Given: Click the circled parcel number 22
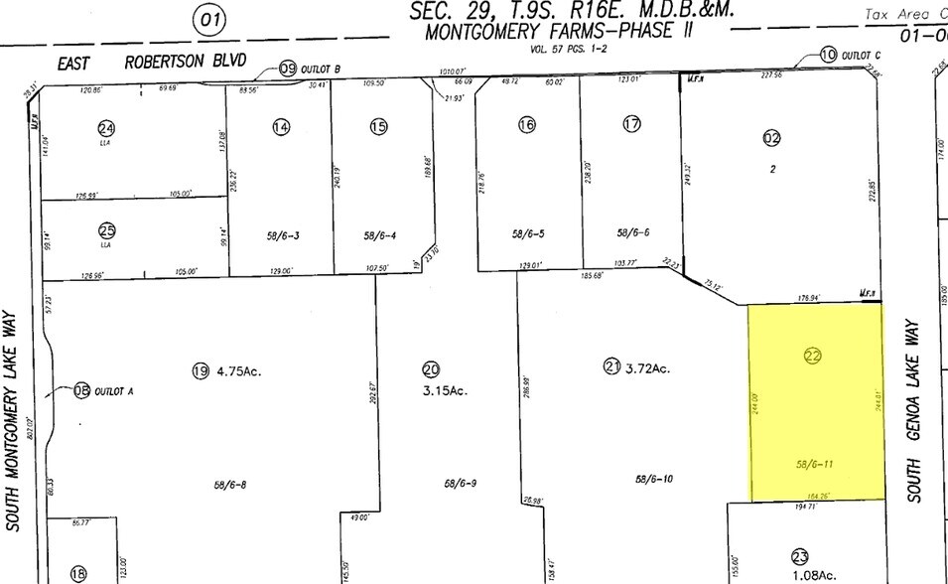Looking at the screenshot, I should [x=812, y=356].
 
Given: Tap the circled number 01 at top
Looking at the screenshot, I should [x=209, y=19].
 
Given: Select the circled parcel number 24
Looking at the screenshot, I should [x=105, y=127].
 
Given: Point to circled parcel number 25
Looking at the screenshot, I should [x=106, y=228].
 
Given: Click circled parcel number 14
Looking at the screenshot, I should [x=281, y=126].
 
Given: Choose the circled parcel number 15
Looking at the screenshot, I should [x=378, y=126].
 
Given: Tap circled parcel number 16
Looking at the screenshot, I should [x=526, y=124].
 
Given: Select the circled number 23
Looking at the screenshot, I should [x=800, y=556].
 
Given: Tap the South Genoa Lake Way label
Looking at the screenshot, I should [x=914, y=409].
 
